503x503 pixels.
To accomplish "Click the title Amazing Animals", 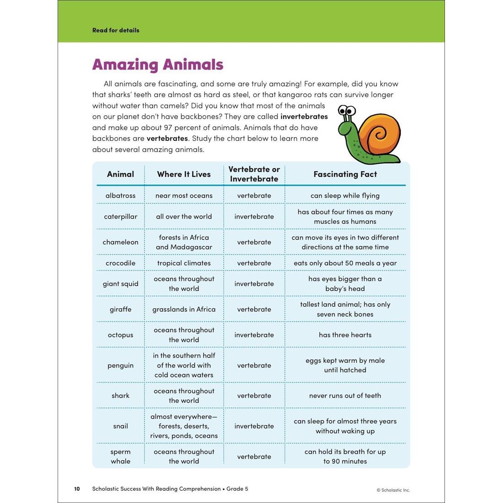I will pyautogui.click(x=158, y=64).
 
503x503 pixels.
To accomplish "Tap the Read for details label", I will pyautogui.click(x=116, y=30).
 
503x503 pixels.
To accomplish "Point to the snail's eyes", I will pyautogui.click(x=347, y=111).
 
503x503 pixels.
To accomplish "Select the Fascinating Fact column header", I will pyautogui.click(x=345, y=174).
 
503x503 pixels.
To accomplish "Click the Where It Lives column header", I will pyautogui.click(x=184, y=174).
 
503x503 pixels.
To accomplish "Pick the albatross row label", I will pyautogui.click(x=120, y=196).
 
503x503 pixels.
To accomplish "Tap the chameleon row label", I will pyautogui.click(x=120, y=242).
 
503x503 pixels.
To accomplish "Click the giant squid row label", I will pyautogui.click(x=120, y=284).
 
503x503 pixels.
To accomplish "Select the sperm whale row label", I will pyautogui.click(x=120, y=456).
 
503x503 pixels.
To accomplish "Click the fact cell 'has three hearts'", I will pyautogui.click(x=345, y=335).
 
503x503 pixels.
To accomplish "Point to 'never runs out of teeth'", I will pyautogui.click(x=345, y=396).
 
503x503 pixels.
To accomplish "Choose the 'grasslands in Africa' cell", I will pyautogui.click(x=184, y=310).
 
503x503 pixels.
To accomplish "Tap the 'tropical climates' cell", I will pyautogui.click(x=184, y=263).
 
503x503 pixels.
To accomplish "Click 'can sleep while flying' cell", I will pyautogui.click(x=345, y=196).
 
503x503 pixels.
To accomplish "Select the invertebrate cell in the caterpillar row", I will pyautogui.click(x=254, y=217).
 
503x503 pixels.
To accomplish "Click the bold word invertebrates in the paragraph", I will pyautogui.click(x=304, y=117).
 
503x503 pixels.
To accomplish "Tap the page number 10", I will pyautogui.click(x=77, y=489).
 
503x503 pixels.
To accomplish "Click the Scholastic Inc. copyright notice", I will pyautogui.click(x=393, y=490).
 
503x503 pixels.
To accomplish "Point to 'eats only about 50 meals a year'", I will pyautogui.click(x=345, y=263).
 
